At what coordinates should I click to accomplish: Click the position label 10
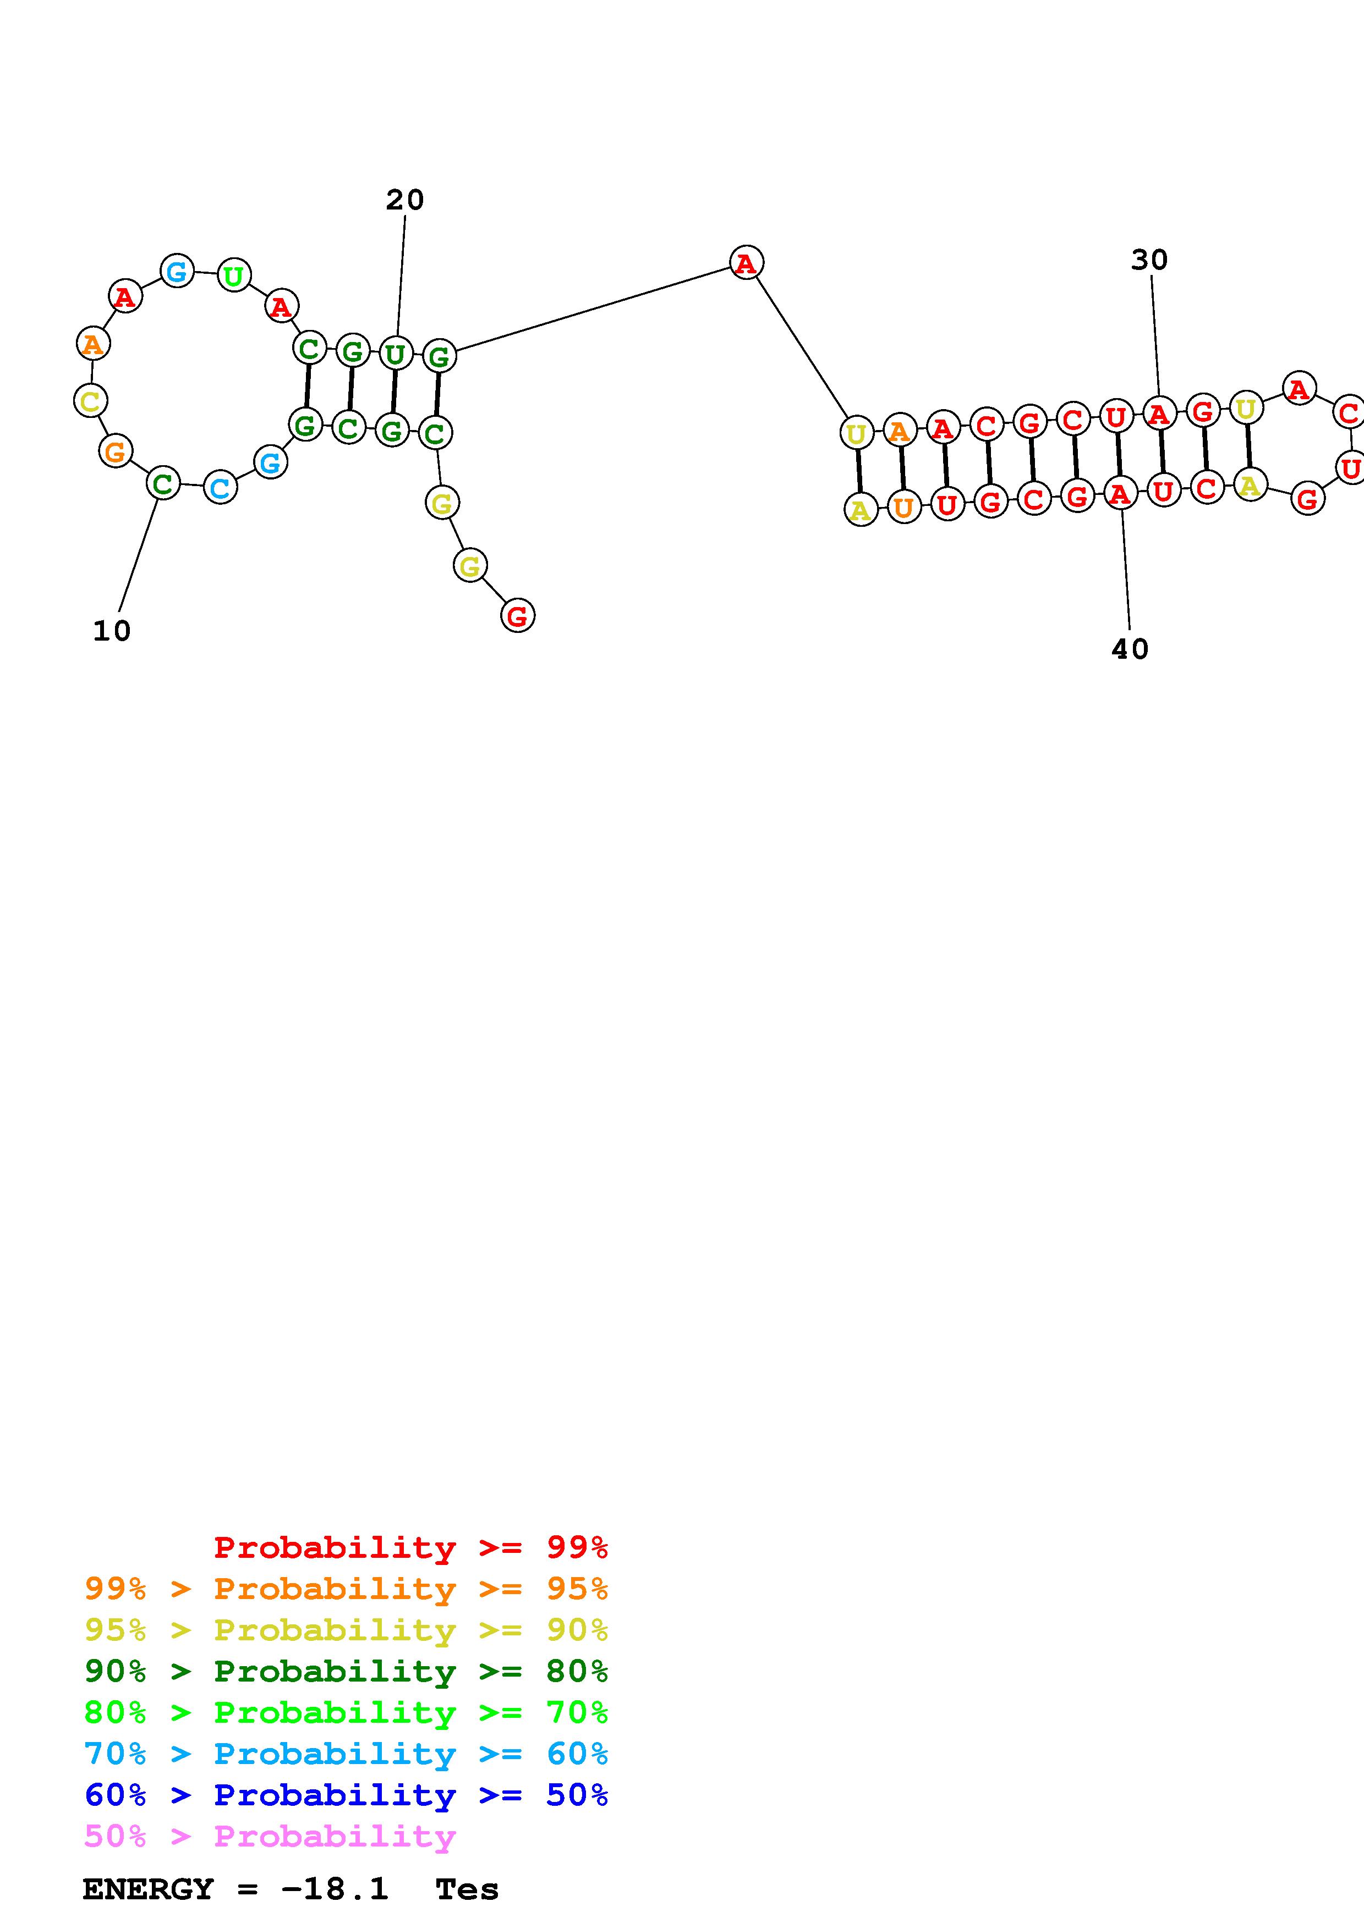(112, 631)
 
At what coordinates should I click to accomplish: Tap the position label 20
(405, 200)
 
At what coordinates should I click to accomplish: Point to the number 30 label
(1149, 261)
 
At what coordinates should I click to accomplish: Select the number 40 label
(1130, 649)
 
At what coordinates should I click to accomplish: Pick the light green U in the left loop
(234, 275)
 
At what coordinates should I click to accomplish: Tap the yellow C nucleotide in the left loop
(90, 401)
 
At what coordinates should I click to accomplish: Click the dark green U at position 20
(395, 354)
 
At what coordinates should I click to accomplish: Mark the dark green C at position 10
(162, 484)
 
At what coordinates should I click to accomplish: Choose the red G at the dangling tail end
(518, 616)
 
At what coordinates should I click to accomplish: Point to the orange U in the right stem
(903, 508)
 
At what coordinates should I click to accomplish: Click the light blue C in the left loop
(220, 488)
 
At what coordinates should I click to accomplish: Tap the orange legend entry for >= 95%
(346, 1589)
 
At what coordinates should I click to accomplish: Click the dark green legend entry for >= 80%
(346, 1671)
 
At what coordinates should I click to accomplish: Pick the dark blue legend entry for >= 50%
(346, 1795)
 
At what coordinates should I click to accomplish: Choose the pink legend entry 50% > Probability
(270, 1836)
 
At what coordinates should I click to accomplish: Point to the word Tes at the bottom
(467, 1889)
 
